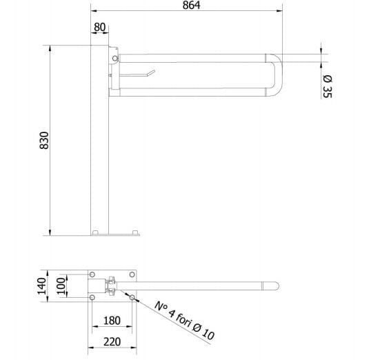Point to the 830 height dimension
(44, 140)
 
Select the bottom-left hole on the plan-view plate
(93, 297)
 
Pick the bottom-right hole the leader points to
(128, 297)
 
